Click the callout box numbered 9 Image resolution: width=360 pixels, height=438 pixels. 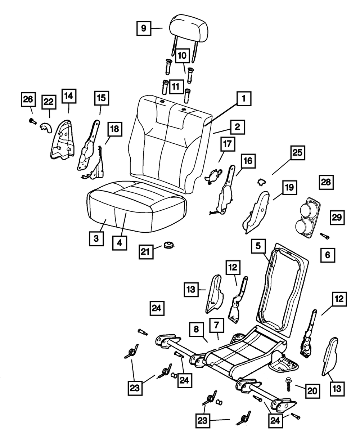tap(143, 28)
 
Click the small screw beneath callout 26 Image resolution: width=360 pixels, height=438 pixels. tap(32, 122)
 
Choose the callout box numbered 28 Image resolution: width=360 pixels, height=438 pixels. tap(326, 182)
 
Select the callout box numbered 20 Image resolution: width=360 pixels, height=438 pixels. tap(312, 390)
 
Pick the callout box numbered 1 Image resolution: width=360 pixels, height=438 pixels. tap(244, 99)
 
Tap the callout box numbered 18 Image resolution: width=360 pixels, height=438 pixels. tap(114, 130)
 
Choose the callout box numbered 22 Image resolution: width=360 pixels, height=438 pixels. tap(49, 102)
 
